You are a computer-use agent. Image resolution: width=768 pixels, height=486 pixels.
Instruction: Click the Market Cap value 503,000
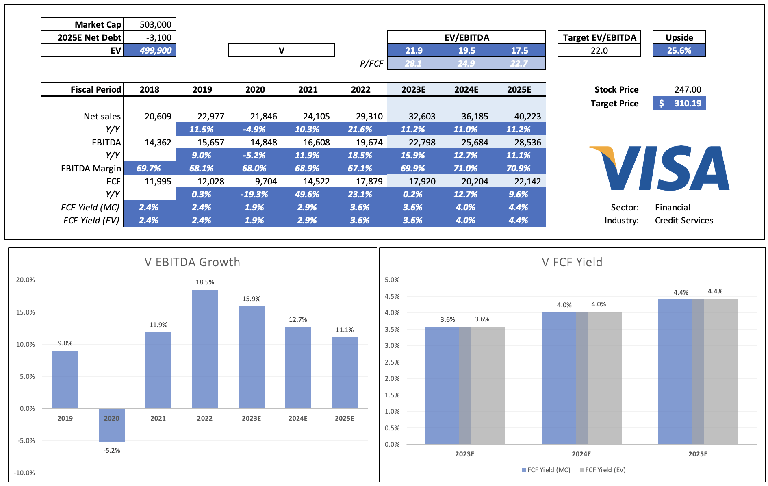coord(155,24)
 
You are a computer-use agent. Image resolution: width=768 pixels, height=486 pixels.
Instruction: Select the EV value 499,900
coord(155,50)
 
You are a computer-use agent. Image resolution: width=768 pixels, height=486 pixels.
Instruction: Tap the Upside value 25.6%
coord(679,50)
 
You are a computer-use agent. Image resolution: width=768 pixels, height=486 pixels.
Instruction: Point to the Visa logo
coord(660,168)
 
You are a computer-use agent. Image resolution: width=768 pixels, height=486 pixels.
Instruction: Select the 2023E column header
coord(413,89)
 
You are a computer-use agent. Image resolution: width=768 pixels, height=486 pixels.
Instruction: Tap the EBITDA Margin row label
coord(91,168)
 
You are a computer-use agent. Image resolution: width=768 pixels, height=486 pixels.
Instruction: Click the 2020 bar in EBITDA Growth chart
coord(112,425)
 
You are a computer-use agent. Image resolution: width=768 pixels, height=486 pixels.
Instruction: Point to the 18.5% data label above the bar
coord(205,282)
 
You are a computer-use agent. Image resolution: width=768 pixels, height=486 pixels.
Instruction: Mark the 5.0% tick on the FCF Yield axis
coord(392,280)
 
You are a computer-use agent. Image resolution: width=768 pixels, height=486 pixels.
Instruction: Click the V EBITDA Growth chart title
coord(192,262)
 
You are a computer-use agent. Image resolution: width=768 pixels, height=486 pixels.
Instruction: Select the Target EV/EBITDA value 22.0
coord(599,50)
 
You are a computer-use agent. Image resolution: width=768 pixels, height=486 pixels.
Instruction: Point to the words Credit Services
coord(684,220)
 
